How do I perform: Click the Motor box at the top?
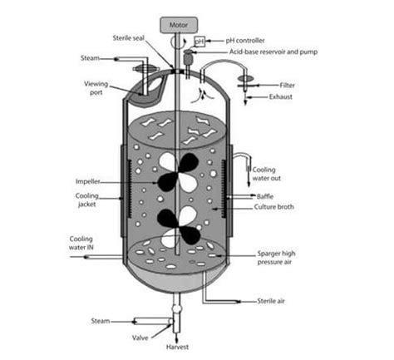click(179, 23)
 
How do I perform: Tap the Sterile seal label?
click(131, 38)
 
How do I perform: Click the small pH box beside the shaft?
click(199, 41)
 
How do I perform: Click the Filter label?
click(287, 84)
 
